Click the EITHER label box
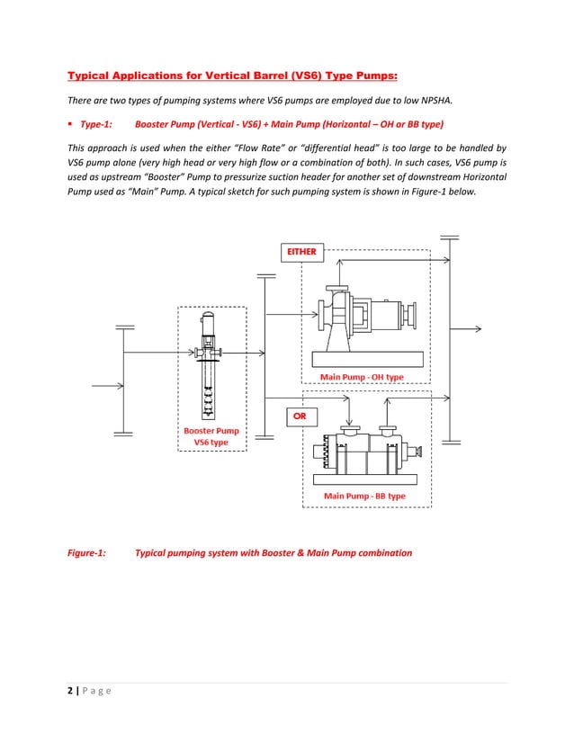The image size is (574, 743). (301, 252)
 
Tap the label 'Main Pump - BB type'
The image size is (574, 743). (364, 496)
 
